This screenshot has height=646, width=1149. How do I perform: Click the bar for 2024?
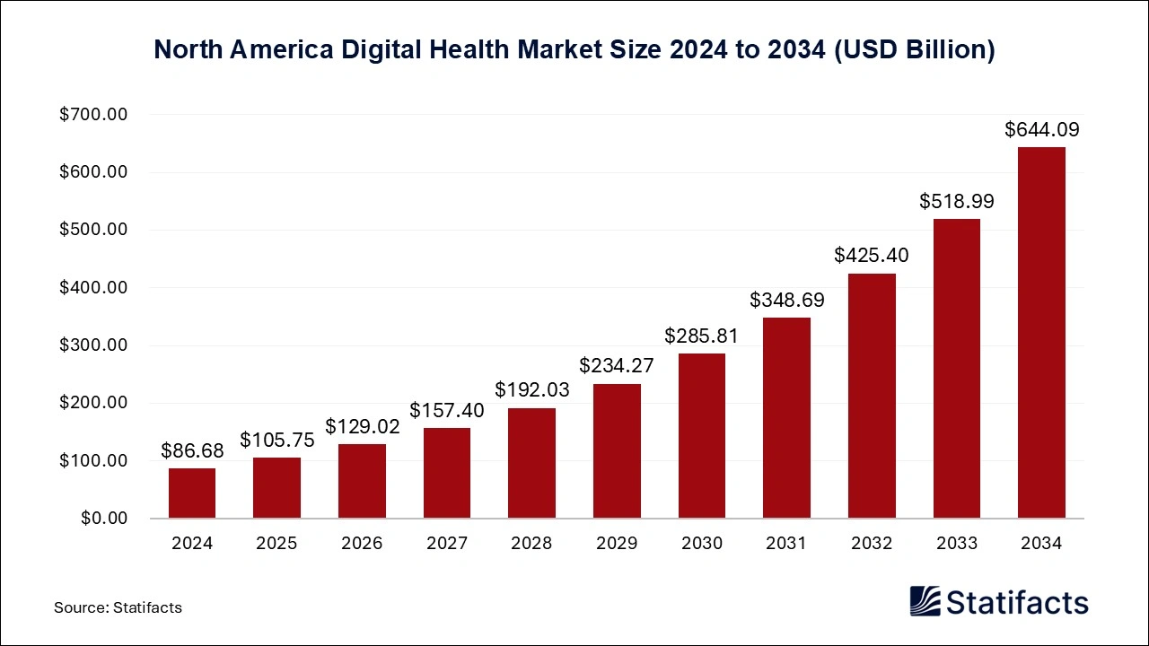192,493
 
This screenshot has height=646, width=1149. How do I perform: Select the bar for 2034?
1041,333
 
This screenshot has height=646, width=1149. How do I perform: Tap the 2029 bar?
617,451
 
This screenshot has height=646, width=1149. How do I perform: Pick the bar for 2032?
872,396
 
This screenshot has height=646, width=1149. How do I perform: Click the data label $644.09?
1041,130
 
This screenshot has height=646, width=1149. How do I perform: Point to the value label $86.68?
192,451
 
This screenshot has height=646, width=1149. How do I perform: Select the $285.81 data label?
701,336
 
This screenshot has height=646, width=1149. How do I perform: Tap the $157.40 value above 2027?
447,411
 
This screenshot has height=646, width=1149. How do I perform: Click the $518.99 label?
956,202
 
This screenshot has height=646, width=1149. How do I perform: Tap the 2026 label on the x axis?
362,544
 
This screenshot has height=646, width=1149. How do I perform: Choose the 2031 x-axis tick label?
786,544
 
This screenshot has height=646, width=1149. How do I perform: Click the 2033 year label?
956,544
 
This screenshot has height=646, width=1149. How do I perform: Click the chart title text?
574,49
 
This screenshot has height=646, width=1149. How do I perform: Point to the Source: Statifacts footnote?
118,607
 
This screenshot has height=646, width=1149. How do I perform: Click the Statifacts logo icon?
925,601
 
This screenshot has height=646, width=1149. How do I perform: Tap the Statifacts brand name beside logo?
1017,602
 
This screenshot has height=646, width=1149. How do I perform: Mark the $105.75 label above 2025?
276,441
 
